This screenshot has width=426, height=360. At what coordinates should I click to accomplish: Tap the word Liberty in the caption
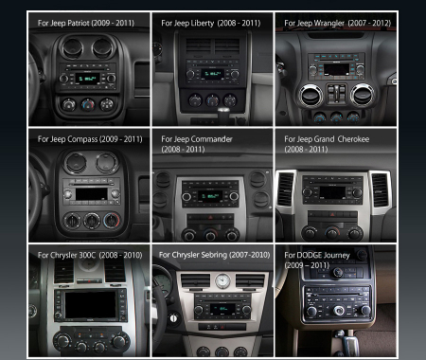coord(204,24)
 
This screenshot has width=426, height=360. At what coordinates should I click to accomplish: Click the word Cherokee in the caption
coord(353,139)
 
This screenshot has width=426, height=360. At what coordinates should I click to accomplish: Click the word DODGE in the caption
coord(309,255)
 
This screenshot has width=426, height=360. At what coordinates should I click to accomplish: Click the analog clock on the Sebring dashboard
coord(222,281)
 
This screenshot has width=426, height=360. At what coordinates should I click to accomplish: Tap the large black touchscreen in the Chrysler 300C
coord(90,305)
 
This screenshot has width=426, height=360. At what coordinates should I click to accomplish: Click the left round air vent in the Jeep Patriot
coord(73,48)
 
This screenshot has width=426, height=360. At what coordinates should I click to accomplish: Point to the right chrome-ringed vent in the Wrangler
coord(362,95)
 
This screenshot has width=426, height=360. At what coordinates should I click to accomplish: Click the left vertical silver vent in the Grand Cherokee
coord(286,189)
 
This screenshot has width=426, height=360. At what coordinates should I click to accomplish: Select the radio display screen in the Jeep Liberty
coord(212,75)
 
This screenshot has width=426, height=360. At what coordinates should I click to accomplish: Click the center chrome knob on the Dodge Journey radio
coord(339,311)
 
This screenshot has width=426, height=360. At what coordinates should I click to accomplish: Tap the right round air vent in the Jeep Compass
coord(107,163)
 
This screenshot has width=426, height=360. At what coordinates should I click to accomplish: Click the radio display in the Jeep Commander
coord(210,196)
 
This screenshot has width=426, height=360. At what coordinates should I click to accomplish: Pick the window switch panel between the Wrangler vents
coord(337,94)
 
